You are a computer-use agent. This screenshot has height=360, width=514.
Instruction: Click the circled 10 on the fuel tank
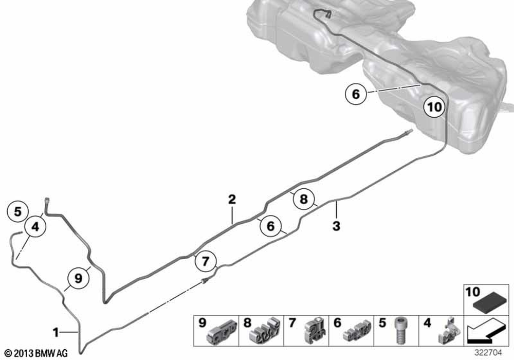[x=434, y=106]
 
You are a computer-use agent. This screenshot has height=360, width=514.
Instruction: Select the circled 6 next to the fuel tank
[x=356, y=94]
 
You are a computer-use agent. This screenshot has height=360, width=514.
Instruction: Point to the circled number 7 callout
[x=205, y=261]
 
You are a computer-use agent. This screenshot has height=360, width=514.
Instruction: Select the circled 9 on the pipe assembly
[x=78, y=278]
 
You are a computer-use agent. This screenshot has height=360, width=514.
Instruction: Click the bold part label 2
[x=232, y=200]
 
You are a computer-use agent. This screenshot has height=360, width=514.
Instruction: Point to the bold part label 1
[x=56, y=329]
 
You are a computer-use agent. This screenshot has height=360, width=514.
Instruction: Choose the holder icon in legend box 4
[x=445, y=332]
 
